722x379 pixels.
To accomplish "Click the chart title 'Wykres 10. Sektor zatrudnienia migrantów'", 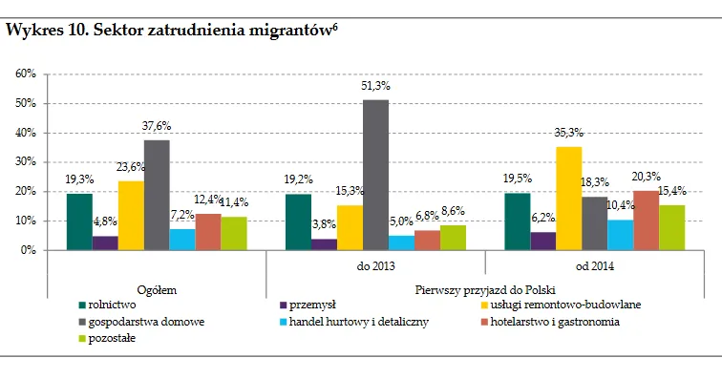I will coord(172,30).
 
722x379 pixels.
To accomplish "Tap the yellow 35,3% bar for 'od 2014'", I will coord(568,198).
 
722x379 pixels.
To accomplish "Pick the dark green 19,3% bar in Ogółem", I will coord(79,221).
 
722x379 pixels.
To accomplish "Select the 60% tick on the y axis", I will coord(26,74).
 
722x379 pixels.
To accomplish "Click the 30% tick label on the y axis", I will coord(26,162).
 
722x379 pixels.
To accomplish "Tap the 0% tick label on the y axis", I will coord(29,250).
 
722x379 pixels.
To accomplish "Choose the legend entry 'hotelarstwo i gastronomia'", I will coord(559,322).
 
